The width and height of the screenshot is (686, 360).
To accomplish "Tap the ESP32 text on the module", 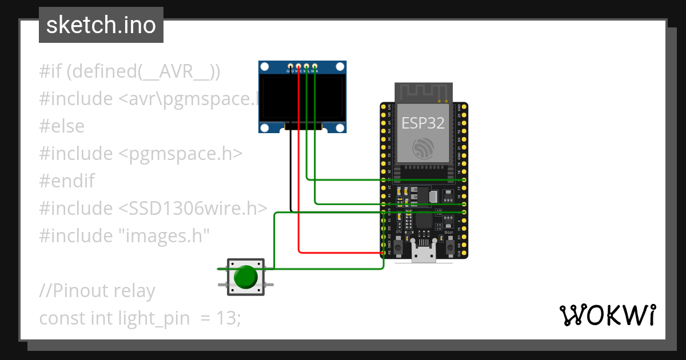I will tap(423, 122).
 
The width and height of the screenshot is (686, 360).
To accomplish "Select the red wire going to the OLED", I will tap(299, 171).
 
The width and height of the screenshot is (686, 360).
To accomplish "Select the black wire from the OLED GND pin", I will tap(291, 171).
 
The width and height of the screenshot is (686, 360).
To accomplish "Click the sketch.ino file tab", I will tap(101, 25).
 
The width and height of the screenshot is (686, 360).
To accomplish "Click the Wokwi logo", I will tap(607, 315).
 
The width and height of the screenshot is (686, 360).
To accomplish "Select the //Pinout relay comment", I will tap(97, 291).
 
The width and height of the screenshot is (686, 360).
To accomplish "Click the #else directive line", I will tap(62, 126).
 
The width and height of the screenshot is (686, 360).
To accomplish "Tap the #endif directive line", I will tap(67, 181).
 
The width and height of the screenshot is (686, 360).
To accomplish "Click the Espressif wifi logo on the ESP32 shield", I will tap(424, 148).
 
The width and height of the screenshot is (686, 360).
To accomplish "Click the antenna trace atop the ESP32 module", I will tap(423, 91).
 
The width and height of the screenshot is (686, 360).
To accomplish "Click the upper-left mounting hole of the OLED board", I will tap(265, 67).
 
